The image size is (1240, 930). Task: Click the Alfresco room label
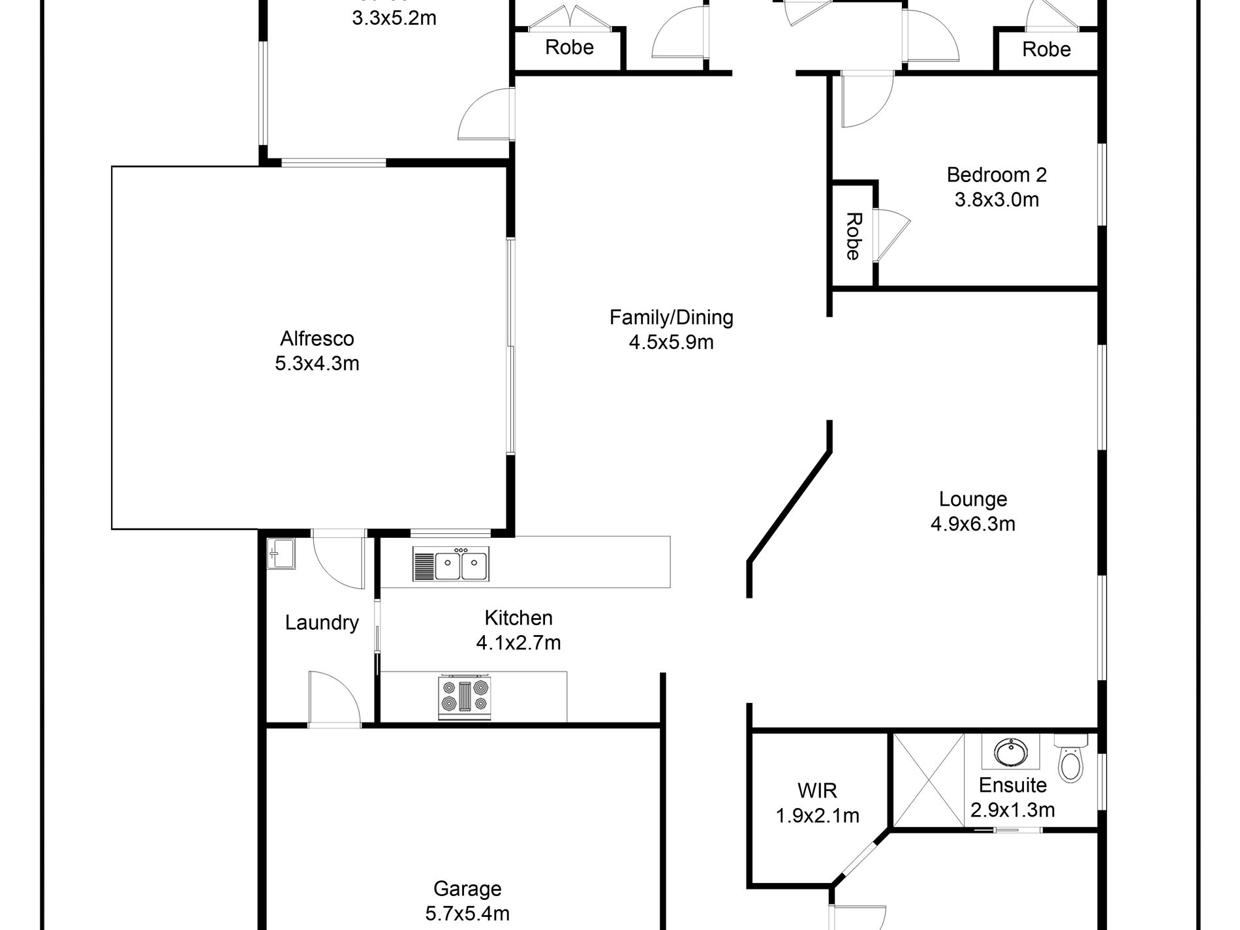pos(317,339)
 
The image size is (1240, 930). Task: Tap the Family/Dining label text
pos(671,318)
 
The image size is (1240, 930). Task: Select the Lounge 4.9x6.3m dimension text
pos(972,524)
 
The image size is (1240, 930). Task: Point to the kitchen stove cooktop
pos(465,696)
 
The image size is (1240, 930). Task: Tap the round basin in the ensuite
pos(1010,751)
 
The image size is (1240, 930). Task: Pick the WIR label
pos(817,791)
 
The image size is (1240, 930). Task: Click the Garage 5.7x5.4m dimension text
pos(467,913)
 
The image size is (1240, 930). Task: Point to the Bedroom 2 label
pos(996,175)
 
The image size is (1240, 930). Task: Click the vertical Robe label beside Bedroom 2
pos(852,236)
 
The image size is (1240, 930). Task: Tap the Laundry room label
pos(322,623)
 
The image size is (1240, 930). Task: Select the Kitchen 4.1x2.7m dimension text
pos(518,643)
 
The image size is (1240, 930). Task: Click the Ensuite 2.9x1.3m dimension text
pos(1012,811)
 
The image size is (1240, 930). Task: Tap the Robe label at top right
pos(1046,50)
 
